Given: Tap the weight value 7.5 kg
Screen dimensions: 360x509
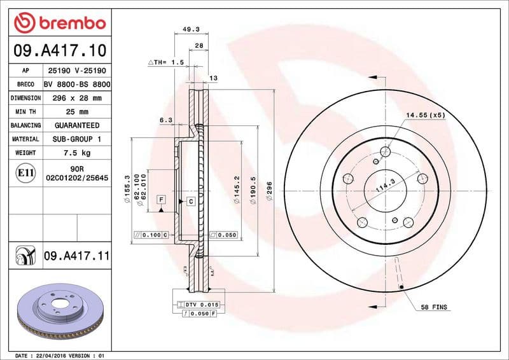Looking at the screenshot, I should point(77,153).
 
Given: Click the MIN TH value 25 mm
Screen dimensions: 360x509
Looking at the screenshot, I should point(77,112).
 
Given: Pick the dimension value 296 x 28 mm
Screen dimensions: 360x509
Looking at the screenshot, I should point(77,98).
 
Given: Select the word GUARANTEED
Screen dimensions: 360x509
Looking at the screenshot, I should point(77,125).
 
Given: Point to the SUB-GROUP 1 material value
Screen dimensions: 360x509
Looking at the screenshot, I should point(77,139).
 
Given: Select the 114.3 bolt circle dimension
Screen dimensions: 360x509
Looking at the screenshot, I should point(386,185).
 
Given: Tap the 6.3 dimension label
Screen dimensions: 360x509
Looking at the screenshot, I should point(165,120).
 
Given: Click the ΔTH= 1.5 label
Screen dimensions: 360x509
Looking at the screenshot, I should point(167,62).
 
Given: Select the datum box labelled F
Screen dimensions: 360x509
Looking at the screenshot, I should point(162,200).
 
